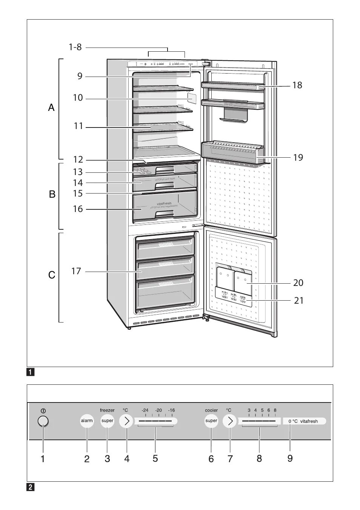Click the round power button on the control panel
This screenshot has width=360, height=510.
[43, 421]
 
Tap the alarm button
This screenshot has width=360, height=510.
[87, 421]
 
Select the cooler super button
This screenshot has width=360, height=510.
[211, 421]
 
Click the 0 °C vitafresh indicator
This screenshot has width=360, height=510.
[304, 421]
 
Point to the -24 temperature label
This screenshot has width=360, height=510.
[145, 410]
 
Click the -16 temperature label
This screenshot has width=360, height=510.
[171, 410]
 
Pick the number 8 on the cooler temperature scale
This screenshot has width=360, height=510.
[275, 410]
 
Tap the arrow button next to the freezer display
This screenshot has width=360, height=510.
[126, 421]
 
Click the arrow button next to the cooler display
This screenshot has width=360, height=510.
[229, 421]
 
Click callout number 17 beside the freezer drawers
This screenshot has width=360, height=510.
[76, 271]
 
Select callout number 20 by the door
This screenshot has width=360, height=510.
[298, 283]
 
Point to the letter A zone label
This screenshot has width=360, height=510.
[51, 108]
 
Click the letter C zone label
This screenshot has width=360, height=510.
[52, 275]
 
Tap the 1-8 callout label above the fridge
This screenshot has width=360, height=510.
[75, 47]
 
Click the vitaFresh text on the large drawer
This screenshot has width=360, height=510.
[164, 203]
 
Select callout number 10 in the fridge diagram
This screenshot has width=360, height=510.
[78, 98]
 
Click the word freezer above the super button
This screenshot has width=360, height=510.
[107, 410]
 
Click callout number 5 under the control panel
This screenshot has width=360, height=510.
[155, 458]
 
